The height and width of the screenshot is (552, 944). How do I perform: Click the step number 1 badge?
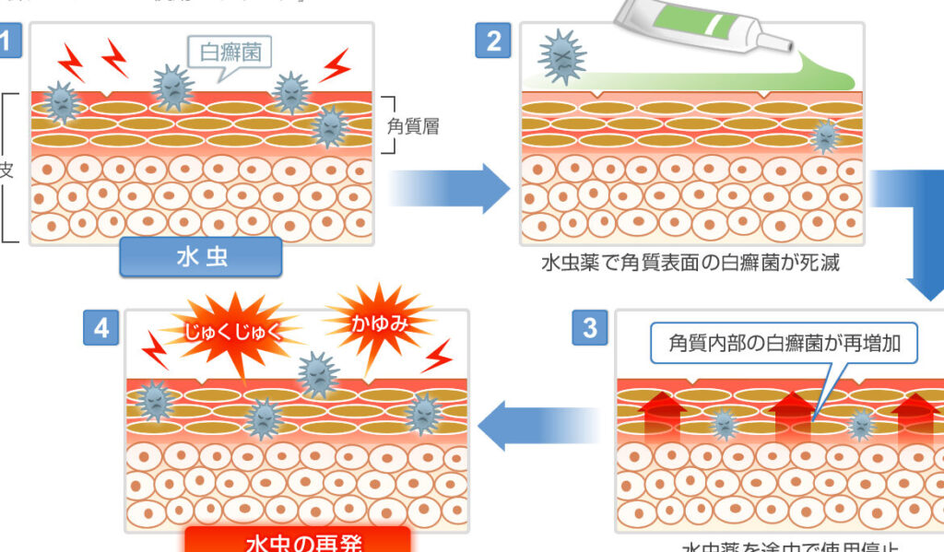point(7,41)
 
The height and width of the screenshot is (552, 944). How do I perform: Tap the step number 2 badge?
point(492,41)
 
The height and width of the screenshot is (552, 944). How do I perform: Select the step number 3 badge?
point(590,328)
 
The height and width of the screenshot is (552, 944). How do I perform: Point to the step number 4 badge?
point(101,328)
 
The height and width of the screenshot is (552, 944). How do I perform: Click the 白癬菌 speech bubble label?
point(230,52)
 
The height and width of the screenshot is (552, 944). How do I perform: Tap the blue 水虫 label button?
point(201,257)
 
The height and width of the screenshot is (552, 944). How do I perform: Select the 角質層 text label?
point(412,126)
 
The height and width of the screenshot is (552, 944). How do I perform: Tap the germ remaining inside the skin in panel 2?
point(826,136)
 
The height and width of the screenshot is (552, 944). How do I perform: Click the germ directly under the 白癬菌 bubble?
point(172,88)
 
